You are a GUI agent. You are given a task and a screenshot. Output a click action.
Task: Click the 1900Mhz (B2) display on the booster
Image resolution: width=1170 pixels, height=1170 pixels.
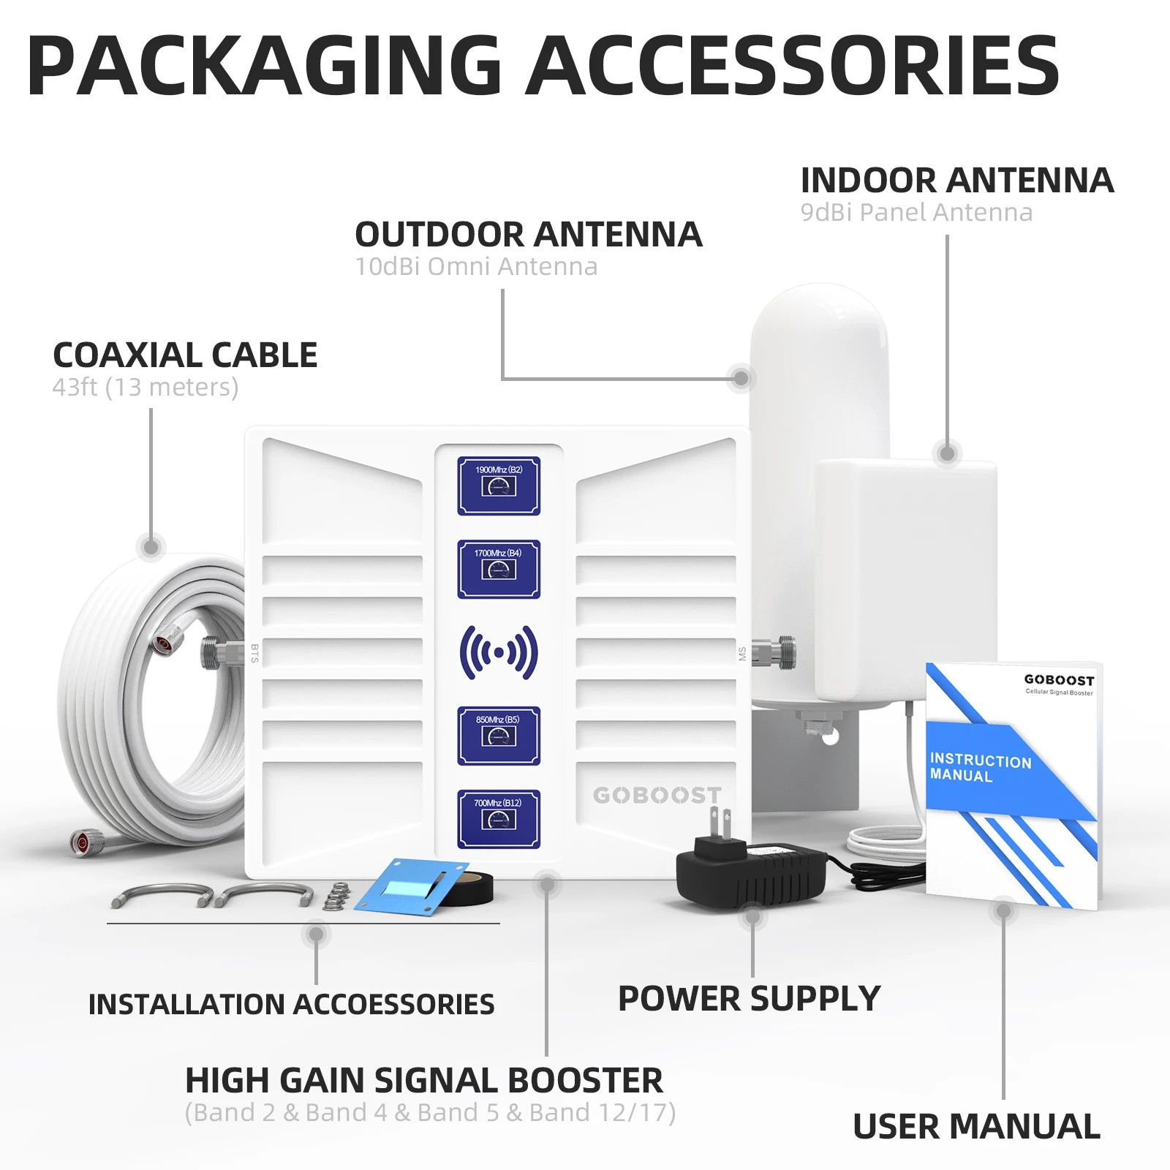(x=499, y=486)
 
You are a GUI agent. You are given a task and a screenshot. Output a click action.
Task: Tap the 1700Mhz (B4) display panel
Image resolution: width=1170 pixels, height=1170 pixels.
(x=499, y=570)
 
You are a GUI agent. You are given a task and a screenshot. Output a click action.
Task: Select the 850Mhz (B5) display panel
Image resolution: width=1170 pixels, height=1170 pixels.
(x=499, y=736)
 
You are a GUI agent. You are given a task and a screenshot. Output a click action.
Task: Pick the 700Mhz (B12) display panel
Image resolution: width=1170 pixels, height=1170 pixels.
(x=499, y=819)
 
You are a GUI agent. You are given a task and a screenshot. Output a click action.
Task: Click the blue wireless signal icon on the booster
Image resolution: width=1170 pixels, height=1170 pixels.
(x=499, y=652)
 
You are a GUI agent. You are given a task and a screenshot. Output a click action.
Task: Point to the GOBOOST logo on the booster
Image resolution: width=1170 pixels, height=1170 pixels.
(x=657, y=795)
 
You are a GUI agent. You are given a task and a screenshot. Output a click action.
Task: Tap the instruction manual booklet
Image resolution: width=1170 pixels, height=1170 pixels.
(x=1013, y=786)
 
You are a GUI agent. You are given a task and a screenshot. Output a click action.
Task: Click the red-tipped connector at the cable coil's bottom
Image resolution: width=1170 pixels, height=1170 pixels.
(x=83, y=843)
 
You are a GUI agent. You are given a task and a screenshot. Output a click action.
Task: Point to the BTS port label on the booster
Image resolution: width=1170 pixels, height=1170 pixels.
(x=254, y=653)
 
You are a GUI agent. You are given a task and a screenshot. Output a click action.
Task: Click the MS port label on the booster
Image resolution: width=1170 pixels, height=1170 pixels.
(x=742, y=653)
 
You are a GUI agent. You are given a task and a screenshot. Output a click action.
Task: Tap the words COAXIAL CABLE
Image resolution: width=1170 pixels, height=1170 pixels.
(x=185, y=355)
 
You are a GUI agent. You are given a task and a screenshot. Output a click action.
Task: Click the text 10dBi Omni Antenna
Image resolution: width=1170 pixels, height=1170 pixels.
(x=476, y=267)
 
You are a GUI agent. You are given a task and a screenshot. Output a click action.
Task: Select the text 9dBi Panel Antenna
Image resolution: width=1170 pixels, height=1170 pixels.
(x=916, y=213)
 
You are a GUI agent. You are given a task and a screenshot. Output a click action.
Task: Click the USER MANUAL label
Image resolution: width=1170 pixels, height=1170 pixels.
(x=976, y=1126)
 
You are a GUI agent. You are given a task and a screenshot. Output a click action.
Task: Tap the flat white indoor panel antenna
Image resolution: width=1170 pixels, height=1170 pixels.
(x=905, y=578)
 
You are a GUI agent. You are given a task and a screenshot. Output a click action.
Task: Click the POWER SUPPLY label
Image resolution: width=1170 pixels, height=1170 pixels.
(x=749, y=999)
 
